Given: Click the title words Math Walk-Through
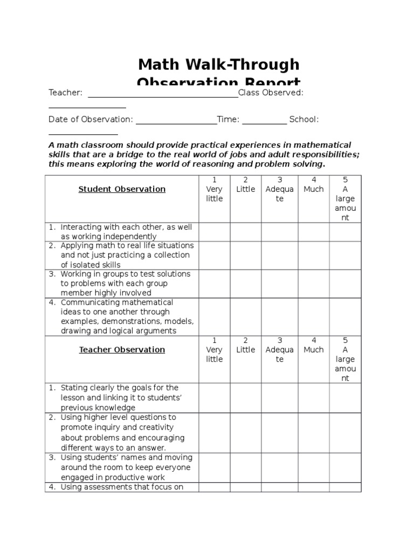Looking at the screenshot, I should pyautogui.click(x=218, y=65).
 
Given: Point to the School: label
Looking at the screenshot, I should pyautogui.click(x=304, y=119).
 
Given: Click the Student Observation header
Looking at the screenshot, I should pyautogui.click(x=122, y=189).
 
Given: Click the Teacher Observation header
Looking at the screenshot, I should pyautogui.click(x=122, y=350).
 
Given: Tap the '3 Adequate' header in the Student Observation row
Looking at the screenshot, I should pyautogui.click(x=279, y=189).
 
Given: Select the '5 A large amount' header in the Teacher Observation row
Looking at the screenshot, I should pyautogui.click(x=345, y=359).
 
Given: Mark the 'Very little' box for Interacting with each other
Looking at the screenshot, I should pyautogui.click(x=215, y=232).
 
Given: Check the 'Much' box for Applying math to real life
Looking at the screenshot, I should pyautogui.click(x=313, y=255).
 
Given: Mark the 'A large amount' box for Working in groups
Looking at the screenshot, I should pyautogui.click(x=345, y=284).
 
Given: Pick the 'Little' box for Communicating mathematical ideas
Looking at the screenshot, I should pyautogui.click(x=246, y=317).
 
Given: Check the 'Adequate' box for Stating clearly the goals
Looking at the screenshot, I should pyautogui.click(x=279, y=398).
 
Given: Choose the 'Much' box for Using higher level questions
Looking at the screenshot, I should pyautogui.click(x=313, y=432).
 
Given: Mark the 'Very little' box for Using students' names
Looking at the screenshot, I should pyautogui.click(x=215, y=467).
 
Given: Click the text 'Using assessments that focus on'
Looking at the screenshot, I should pyautogui.click(x=122, y=487).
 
